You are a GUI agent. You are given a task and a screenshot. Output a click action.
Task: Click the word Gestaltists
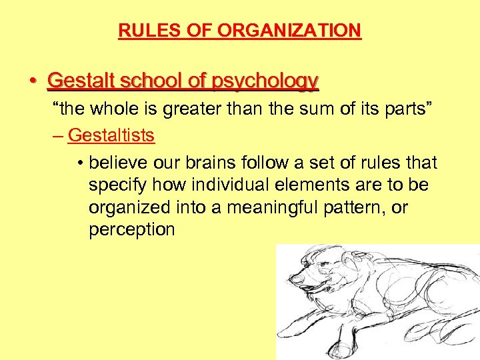tap(111, 135)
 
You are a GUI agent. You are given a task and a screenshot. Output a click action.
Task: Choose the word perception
tap(131, 230)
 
